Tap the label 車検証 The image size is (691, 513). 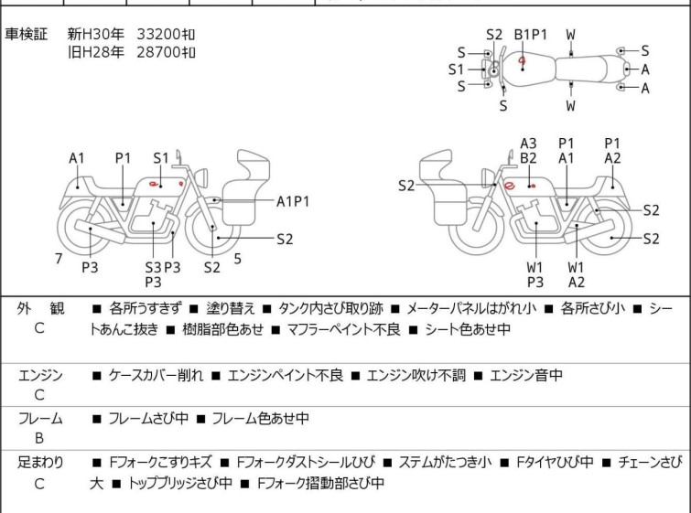click(27, 34)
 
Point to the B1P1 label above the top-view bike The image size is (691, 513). click(530, 35)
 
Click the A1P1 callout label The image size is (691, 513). click(293, 200)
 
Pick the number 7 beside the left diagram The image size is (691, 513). click(59, 259)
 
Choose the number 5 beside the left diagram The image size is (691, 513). click(237, 259)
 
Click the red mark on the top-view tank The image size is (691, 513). click(522, 62)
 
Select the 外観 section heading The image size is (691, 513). click(40, 309)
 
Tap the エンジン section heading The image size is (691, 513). click(40, 374)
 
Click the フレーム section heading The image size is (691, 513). click(40, 419)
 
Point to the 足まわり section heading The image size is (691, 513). click(40, 463)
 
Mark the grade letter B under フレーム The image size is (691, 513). click(39, 440)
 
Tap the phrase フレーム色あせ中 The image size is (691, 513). click(260, 419)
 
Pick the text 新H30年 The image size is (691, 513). click(95, 34)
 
